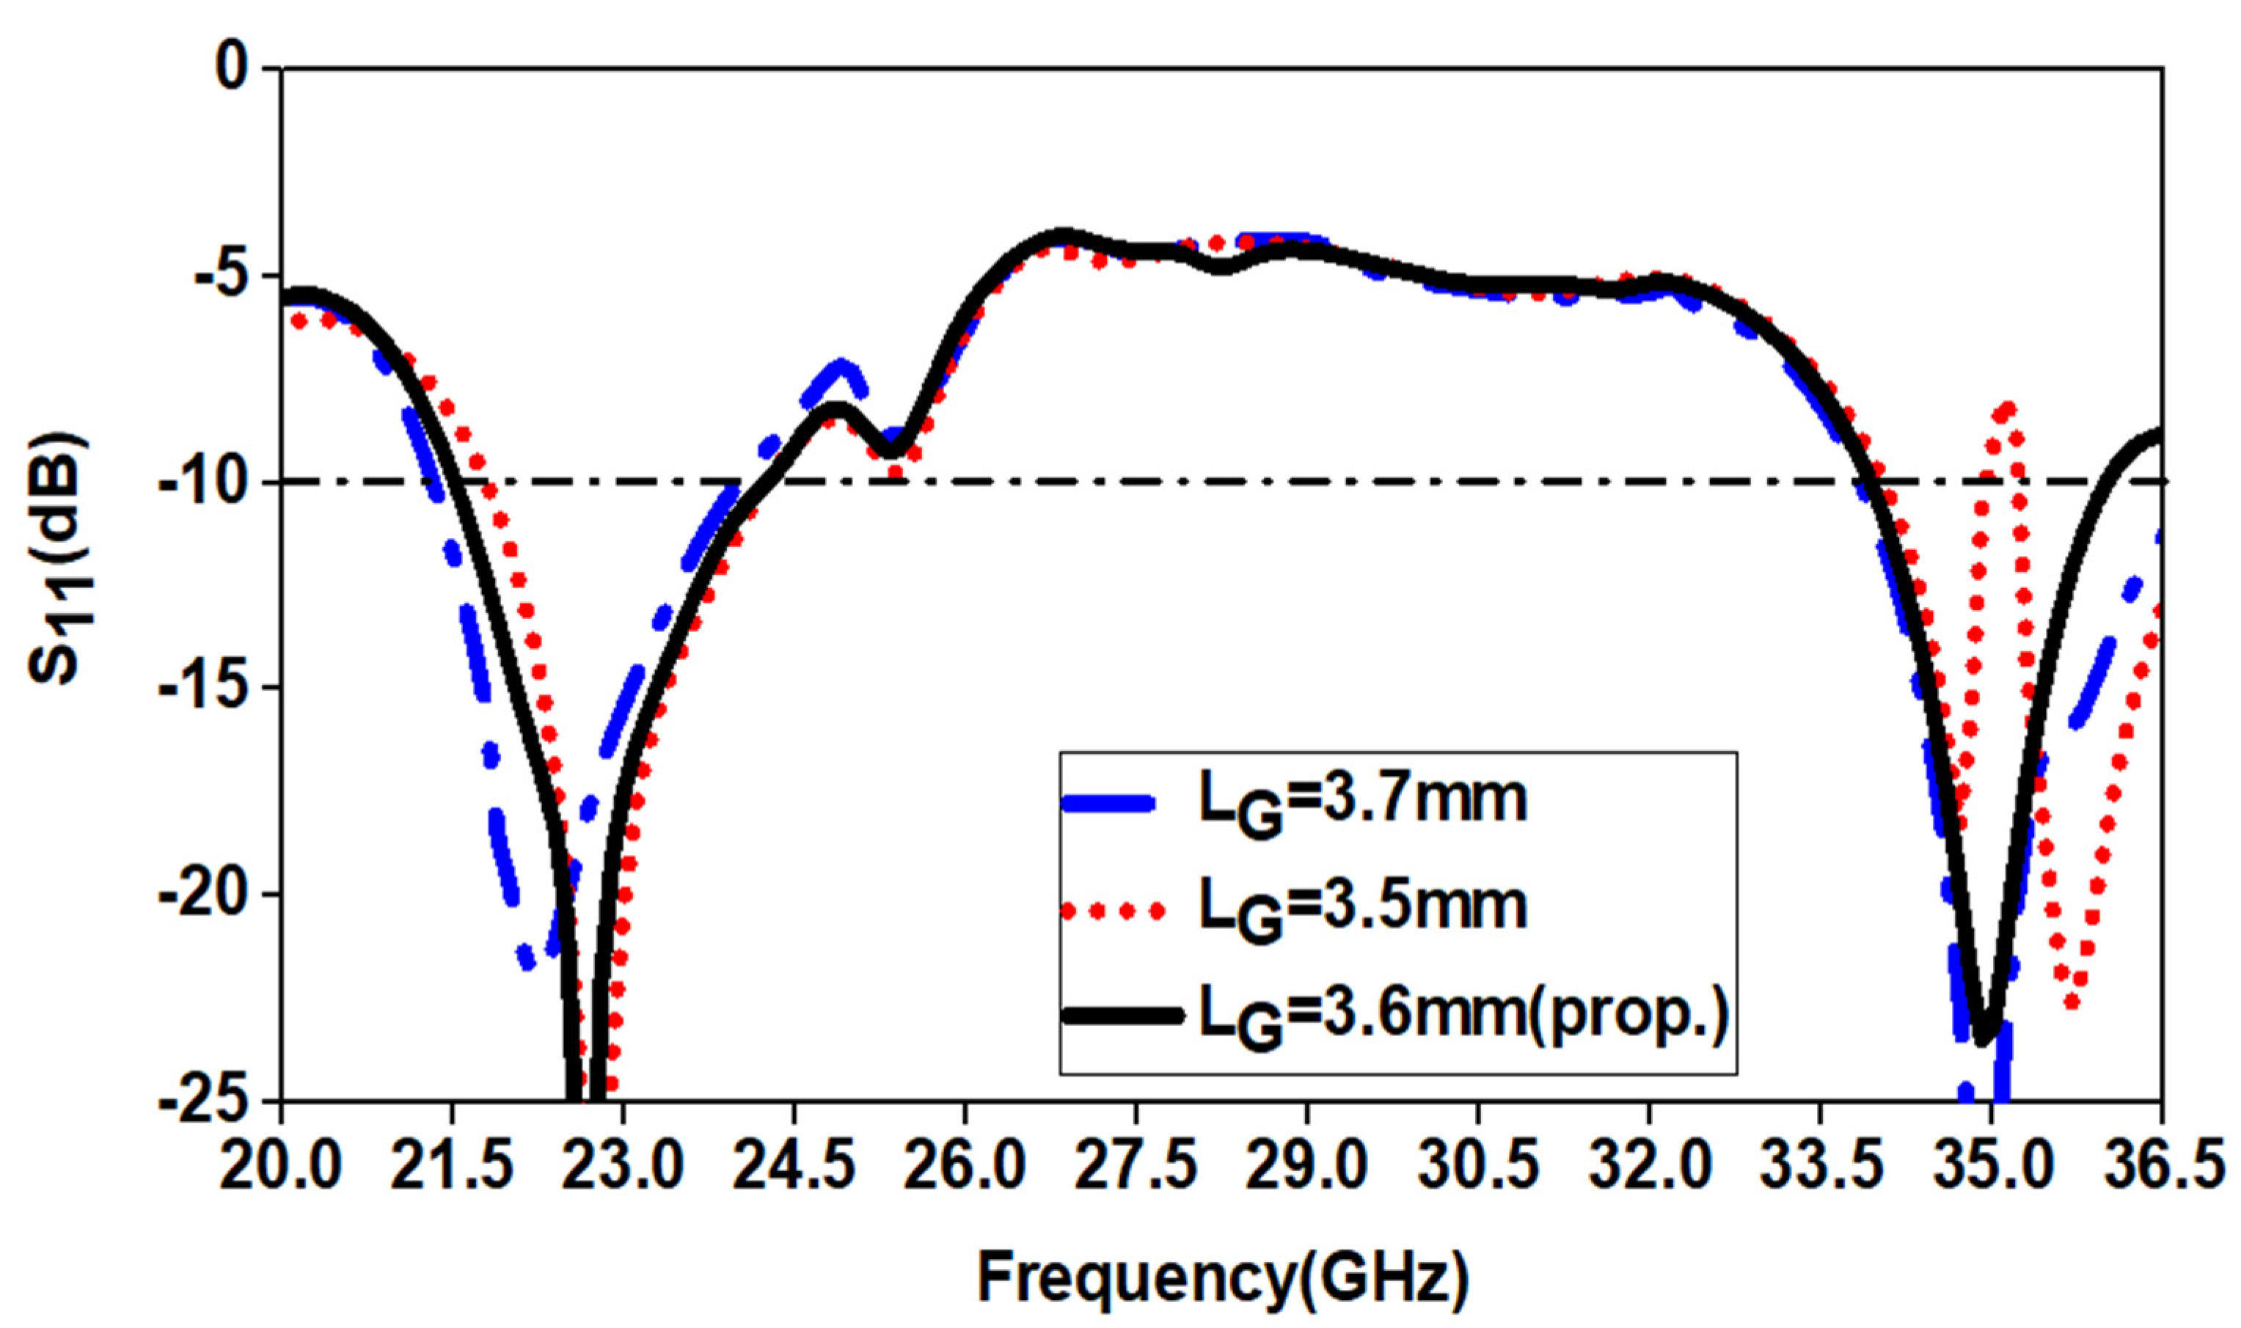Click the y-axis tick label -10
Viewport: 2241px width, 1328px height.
point(202,483)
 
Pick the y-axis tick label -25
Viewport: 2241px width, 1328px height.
point(202,1101)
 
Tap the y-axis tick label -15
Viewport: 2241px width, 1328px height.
point(202,688)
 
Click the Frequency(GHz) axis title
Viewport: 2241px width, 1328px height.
point(1221,1278)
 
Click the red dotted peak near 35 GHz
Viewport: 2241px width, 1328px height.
point(2006,410)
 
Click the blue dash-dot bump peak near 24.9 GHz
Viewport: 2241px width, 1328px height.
point(842,366)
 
